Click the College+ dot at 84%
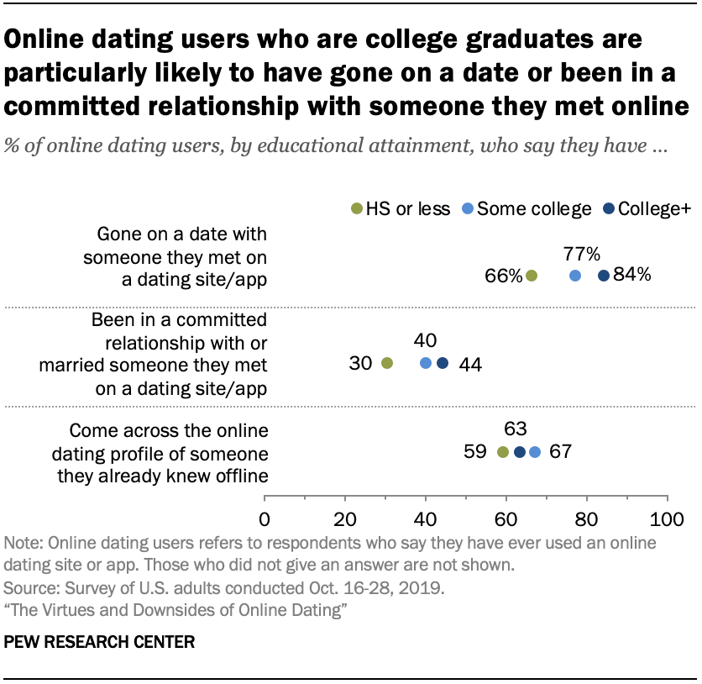(603, 276)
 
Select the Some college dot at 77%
(575, 276)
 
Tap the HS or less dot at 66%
(532, 276)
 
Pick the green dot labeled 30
(386, 363)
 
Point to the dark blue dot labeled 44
(443, 363)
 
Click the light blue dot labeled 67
(535, 452)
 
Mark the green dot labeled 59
(503, 452)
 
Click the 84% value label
(632, 276)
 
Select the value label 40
(425, 340)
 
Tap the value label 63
(516, 429)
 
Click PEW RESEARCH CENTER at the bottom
(100, 643)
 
